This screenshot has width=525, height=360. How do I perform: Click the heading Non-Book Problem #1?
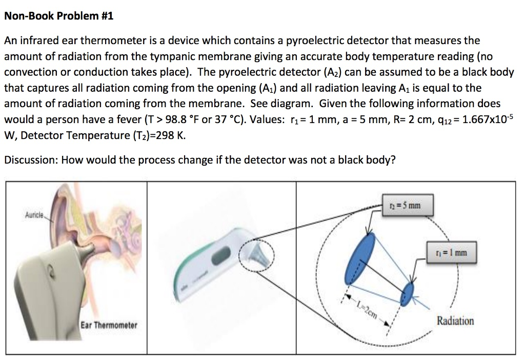(58, 16)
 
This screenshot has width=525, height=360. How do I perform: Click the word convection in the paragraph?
(31, 72)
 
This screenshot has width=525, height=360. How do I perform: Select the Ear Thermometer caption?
(109, 326)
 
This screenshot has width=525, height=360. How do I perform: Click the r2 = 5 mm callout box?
(405, 206)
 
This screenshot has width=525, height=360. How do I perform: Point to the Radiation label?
(455, 321)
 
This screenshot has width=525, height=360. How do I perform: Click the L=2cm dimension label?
(369, 309)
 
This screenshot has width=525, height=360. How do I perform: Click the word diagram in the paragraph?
(292, 104)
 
